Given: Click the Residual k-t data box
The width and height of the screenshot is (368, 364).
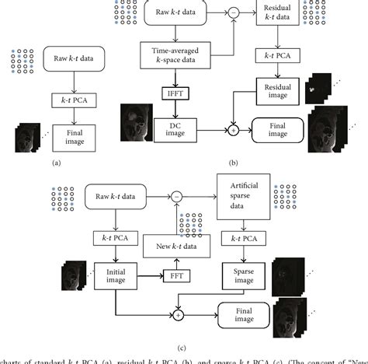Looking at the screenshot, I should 279,15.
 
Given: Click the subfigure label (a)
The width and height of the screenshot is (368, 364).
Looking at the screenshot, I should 55,163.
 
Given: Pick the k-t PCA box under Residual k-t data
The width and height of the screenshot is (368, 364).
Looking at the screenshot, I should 279,55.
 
